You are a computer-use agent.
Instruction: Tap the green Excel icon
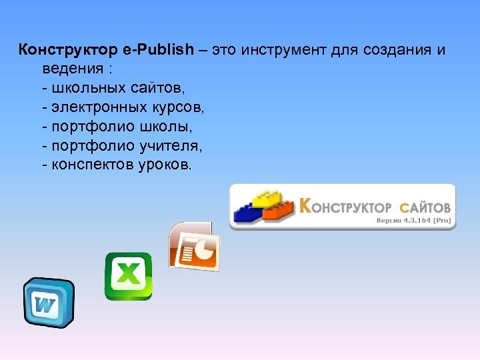[128, 275]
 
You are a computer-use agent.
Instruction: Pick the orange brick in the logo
[279, 210]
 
